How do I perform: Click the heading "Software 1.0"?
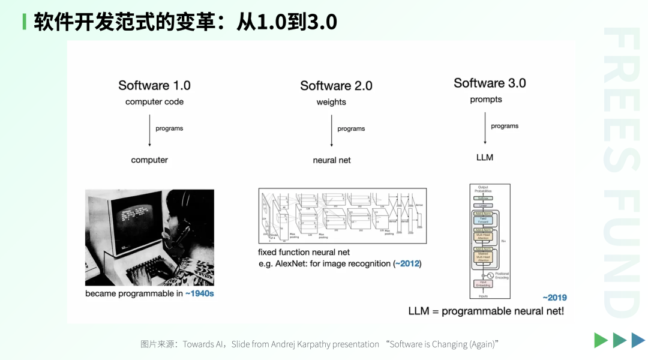click(x=154, y=85)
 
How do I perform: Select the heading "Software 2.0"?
click(x=336, y=86)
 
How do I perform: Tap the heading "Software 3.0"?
click(x=490, y=83)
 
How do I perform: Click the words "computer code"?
click(x=154, y=102)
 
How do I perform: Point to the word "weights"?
click(x=331, y=102)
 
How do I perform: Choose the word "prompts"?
click(x=486, y=100)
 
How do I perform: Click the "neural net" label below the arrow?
click(x=332, y=160)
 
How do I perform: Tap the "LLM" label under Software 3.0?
click(x=484, y=157)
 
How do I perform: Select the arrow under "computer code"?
click(x=149, y=131)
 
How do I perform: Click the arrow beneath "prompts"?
click(x=485, y=128)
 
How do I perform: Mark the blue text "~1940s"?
click(x=199, y=294)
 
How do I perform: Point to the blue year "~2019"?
click(x=554, y=298)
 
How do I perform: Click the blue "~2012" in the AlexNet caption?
click(x=407, y=263)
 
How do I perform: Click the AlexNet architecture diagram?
click(x=342, y=215)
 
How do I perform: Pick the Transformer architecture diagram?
click(x=489, y=241)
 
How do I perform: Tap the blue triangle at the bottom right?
click(x=638, y=340)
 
